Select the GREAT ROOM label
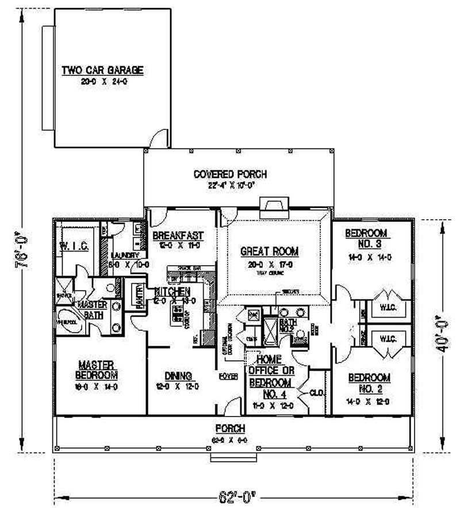pyautogui.click(x=270, y=251)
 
